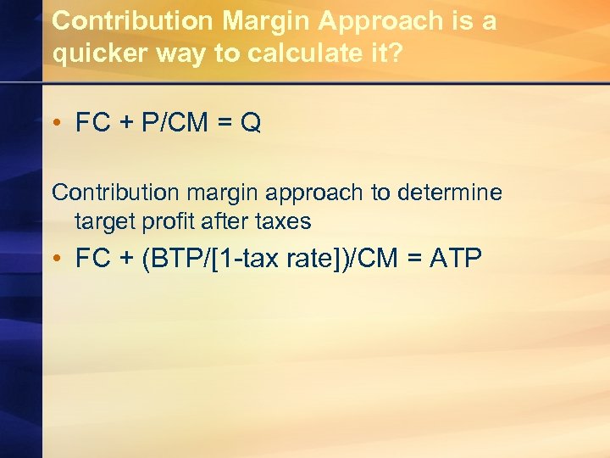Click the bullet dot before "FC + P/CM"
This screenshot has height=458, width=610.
point(58,125)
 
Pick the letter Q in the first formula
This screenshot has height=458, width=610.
point(251,124)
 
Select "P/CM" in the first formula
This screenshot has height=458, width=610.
point(175,124)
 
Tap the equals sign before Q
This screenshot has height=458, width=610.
point(226,125)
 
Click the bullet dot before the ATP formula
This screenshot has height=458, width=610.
point(58,259)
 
